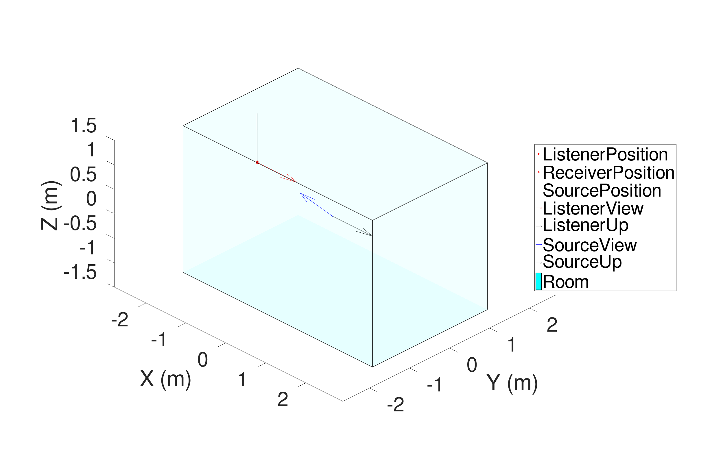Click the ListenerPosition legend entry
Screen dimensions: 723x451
tap(605, 154)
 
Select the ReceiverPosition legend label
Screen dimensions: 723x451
tap(608, 173)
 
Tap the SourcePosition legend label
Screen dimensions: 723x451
tap(602, 191)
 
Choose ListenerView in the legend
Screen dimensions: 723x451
tap(593, 208)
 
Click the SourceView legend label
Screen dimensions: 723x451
tap(590, 245)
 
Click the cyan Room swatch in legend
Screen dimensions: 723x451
tap(538, 281)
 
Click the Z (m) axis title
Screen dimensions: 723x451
tap(51, 206)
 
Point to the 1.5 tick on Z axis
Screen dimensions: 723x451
tap(83, 125)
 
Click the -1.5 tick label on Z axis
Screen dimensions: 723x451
tap(80, 272)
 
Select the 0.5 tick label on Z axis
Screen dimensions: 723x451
tap(83, 174)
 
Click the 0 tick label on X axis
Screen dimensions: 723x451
tap(203, 360)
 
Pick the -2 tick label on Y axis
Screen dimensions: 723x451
tap(396, 404)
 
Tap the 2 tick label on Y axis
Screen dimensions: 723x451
tap(552, 325)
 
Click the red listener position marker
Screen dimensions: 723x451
tap(257, 162)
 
